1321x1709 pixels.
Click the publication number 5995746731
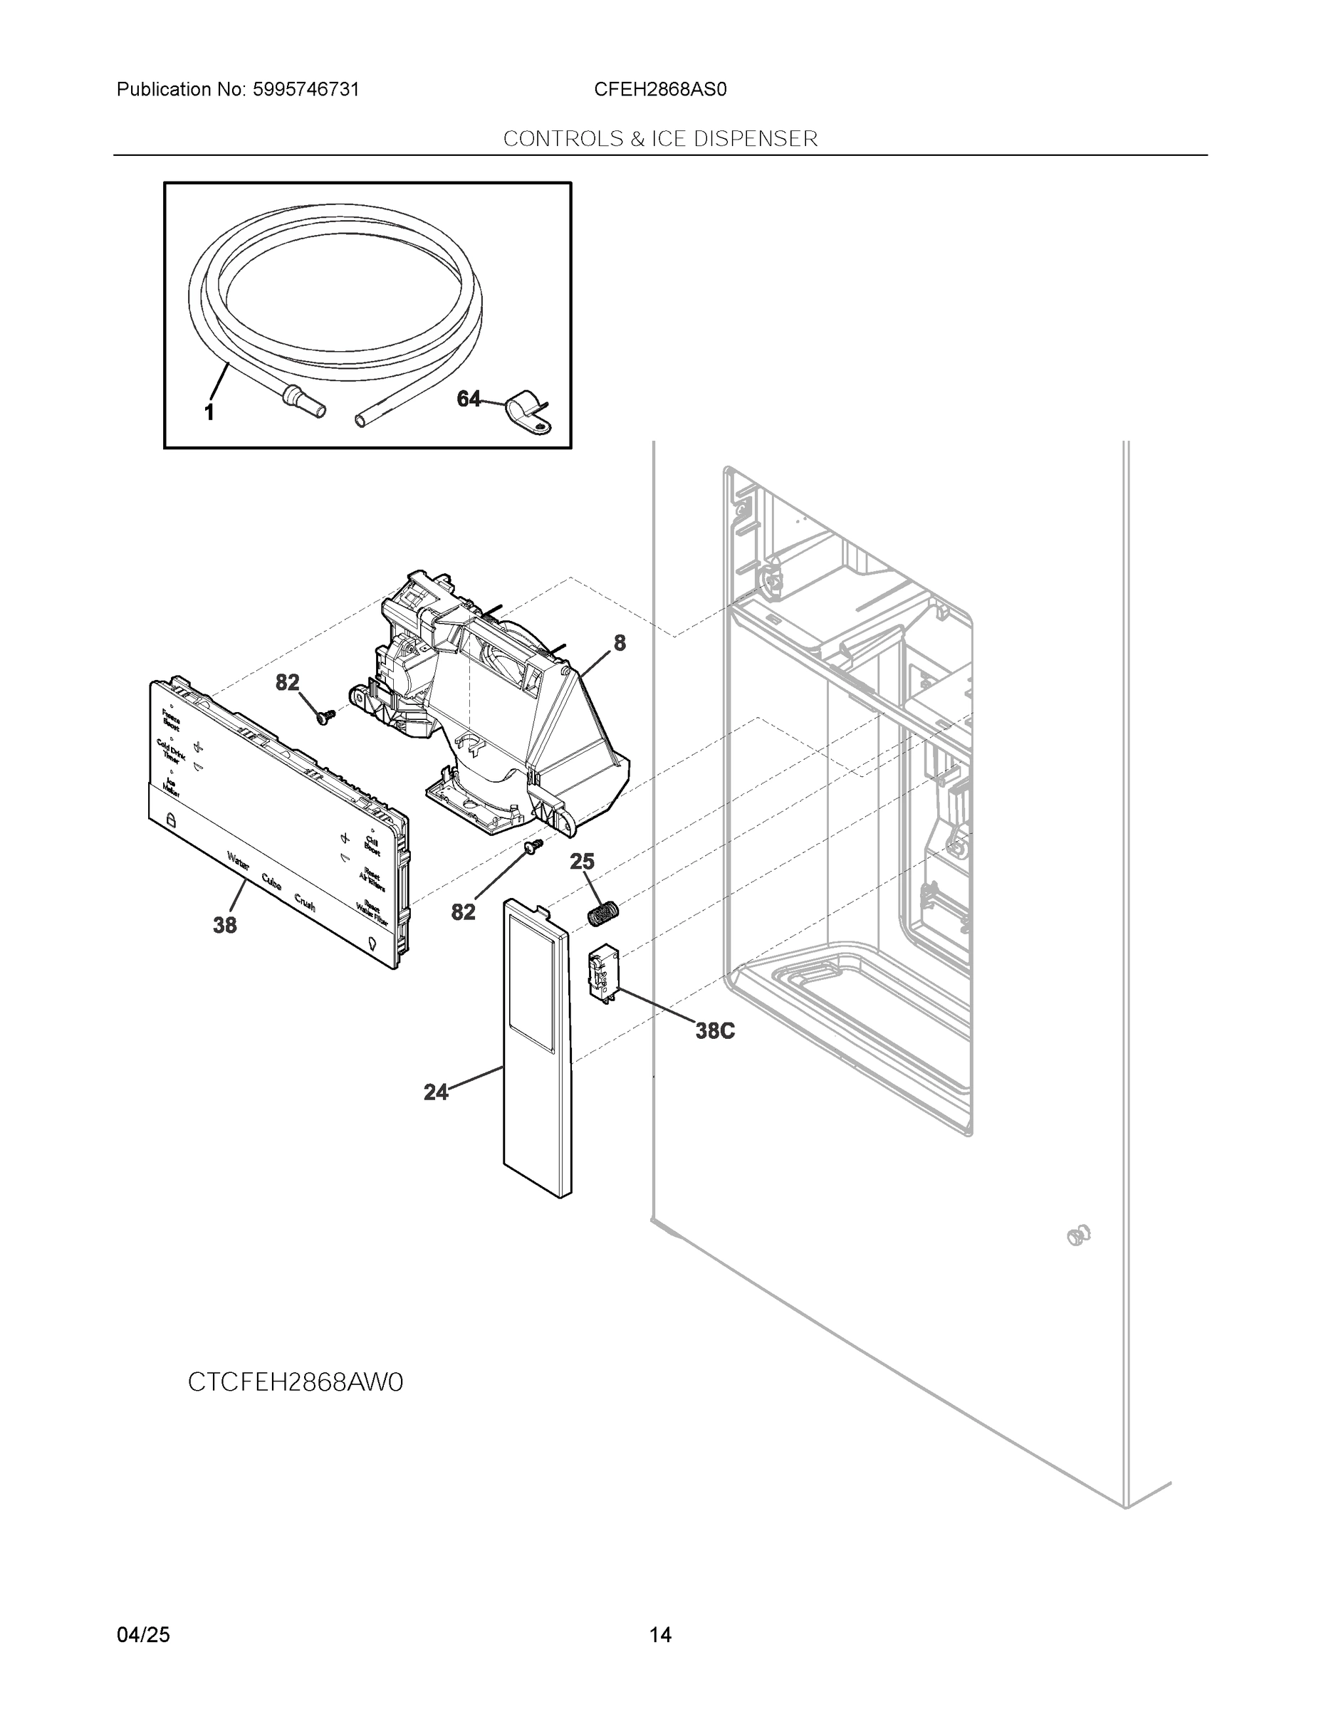[x=306, y=89]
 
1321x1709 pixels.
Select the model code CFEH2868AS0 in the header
[x=659, y=89]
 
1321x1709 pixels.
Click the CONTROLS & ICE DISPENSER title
[x=659, y=139]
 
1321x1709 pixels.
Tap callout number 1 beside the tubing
[x=209, y=412]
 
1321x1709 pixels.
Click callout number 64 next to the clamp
[x=468, y=399]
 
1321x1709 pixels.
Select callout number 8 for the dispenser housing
[x=619, y=642]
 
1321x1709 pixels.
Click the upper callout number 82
[x=287, y=682]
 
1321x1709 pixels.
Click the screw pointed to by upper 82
[x=325, y=716]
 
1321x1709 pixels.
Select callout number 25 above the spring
[x=582, y=862]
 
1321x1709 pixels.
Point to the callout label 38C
[x=714, y=1030]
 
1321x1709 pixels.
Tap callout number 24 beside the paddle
[x=436, y=1092]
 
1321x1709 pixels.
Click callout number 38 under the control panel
[x=224, y=925]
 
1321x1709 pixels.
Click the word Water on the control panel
[x=239, y=861]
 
